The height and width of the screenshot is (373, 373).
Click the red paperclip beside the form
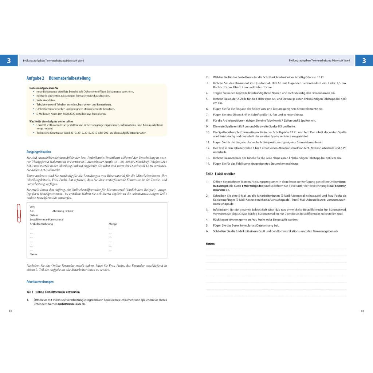19,213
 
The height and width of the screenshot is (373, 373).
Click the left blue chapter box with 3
9,60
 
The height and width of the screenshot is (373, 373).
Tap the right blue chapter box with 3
364,60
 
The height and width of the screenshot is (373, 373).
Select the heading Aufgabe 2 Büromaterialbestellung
58,78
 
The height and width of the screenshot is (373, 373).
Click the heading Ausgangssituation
39,152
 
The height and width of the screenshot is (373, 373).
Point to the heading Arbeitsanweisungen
40,282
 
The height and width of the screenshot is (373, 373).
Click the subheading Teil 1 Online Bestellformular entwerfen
53,292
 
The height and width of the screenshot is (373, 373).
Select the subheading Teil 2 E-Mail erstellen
220,174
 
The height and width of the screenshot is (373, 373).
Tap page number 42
11,311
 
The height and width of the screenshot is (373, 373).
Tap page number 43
362,311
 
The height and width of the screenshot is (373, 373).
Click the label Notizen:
211,243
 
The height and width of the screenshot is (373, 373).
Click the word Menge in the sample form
113,224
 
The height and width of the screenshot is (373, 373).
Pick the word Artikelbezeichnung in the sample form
41,224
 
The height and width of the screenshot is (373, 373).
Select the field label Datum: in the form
34,215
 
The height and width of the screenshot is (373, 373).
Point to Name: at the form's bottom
34,254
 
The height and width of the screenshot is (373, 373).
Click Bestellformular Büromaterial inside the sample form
46,220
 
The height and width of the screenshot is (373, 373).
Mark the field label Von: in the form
32,207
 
